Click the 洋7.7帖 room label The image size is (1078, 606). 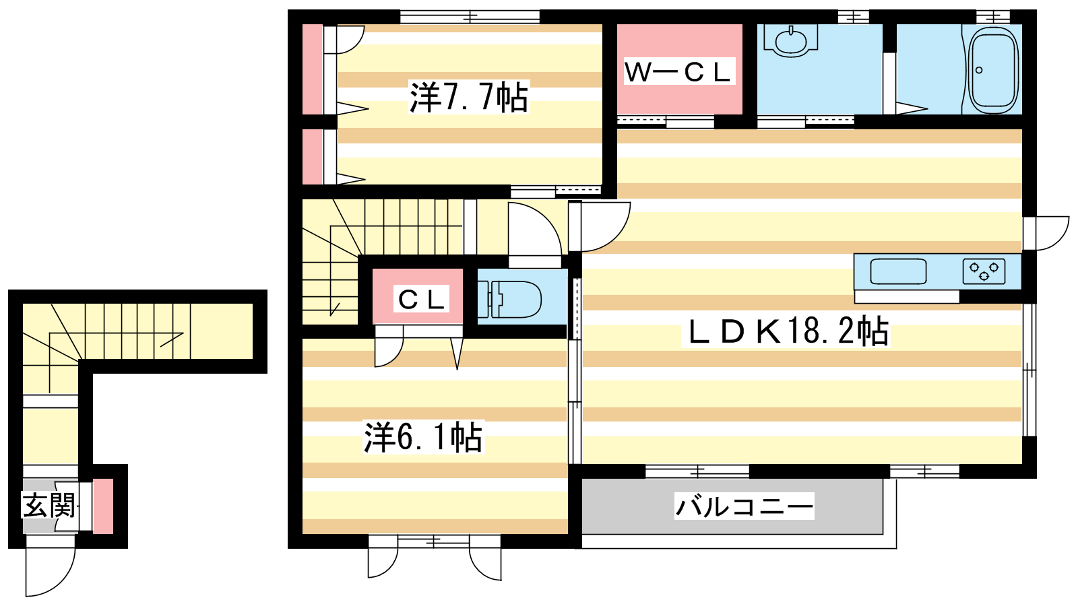(x=469, y=97)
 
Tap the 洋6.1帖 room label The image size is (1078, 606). (x=423, y=437)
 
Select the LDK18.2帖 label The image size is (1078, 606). (x=786, y=331)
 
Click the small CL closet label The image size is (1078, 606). (x=421, y=300)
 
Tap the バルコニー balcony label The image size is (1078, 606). (x=744, y=506)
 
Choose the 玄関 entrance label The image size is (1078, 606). (x=49, y=506)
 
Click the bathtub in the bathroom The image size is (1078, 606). (x=993, y=70)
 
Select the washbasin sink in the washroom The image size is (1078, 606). (x=791, y=40)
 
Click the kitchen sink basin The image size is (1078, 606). (x=898, y=272)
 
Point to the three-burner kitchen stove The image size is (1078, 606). (x=984, y=271)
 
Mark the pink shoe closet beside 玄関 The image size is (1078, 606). (x=103, y=506)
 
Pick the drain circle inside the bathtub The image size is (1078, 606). (x=979, y=70)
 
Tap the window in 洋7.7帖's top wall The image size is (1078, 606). (x=470, y=17)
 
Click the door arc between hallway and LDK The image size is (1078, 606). (x=615, y=236)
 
